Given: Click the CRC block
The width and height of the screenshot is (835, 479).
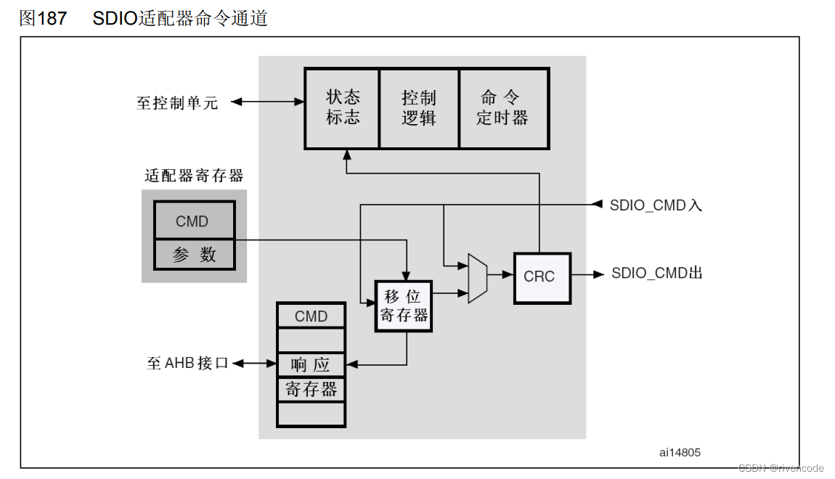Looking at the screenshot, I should (542, 277).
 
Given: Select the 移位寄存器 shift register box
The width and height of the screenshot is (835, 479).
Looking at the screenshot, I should (403, 306).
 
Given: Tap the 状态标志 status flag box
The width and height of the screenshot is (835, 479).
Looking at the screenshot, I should (343, 107).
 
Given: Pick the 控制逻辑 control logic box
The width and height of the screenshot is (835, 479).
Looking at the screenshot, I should (419, 107).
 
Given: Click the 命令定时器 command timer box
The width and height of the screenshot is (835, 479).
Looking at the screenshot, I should (502, 107).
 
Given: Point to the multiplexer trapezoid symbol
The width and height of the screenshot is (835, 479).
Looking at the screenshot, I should (478, 278).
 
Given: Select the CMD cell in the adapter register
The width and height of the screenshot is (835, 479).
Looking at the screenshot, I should (194, 221).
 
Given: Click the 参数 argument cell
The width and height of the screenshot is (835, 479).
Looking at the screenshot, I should (194, 254).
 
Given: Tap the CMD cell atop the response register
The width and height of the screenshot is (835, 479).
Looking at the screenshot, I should (311, 316).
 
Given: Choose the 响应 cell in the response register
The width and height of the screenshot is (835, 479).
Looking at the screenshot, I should (311, 364).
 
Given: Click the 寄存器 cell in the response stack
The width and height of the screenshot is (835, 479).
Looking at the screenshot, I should (311, 389).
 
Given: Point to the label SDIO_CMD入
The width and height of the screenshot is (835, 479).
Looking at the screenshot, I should (656, 205).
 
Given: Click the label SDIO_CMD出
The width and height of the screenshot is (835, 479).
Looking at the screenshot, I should (656, 274).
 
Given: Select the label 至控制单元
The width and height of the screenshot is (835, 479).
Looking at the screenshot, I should (177, 102).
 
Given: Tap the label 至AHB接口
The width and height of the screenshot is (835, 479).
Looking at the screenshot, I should (187, 363).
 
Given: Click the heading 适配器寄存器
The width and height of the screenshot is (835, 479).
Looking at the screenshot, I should (194, 176).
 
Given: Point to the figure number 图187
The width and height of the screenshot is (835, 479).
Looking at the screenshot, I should (43, 18).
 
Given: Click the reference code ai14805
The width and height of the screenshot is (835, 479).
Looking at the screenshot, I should (680, 452).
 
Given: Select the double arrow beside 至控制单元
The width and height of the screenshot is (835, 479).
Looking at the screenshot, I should (267, 102).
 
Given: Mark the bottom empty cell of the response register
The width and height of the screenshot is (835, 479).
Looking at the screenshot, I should (311, 414).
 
